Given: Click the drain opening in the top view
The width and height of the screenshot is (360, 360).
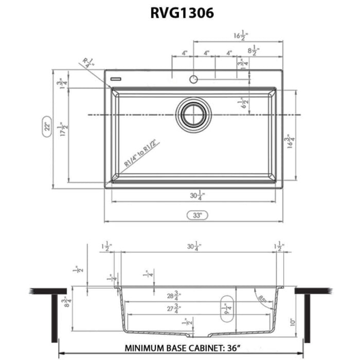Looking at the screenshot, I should click(194, 115).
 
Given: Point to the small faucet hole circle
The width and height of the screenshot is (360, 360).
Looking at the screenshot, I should click(193, 79).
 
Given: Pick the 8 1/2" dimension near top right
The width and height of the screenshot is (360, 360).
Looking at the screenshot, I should click(254, 51).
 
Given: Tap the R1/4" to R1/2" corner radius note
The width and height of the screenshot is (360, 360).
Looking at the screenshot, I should click(139, 151).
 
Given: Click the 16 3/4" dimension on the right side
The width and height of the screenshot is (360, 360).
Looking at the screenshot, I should click(292, 142).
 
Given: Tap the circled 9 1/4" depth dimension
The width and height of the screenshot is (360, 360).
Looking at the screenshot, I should click(227, 309).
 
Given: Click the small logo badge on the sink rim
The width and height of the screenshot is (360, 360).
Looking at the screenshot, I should click(116, 80).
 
